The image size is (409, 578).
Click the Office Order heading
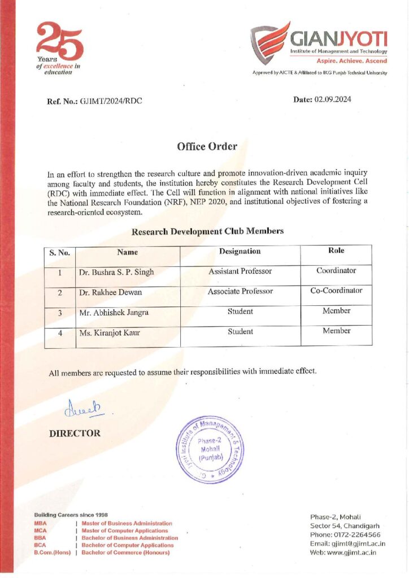point(207,147)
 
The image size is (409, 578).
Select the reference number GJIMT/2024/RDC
point(110,101)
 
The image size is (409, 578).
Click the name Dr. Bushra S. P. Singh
point(116,272)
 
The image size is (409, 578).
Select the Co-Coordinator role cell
point(337,291)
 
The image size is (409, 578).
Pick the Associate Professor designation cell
point(240,291)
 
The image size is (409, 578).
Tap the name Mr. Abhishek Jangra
point(115,313)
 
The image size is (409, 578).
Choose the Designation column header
point(240,251)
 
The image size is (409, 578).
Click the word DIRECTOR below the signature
point(75,433)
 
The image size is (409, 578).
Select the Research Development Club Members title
point(207,231)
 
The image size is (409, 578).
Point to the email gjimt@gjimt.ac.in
point(362,544)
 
